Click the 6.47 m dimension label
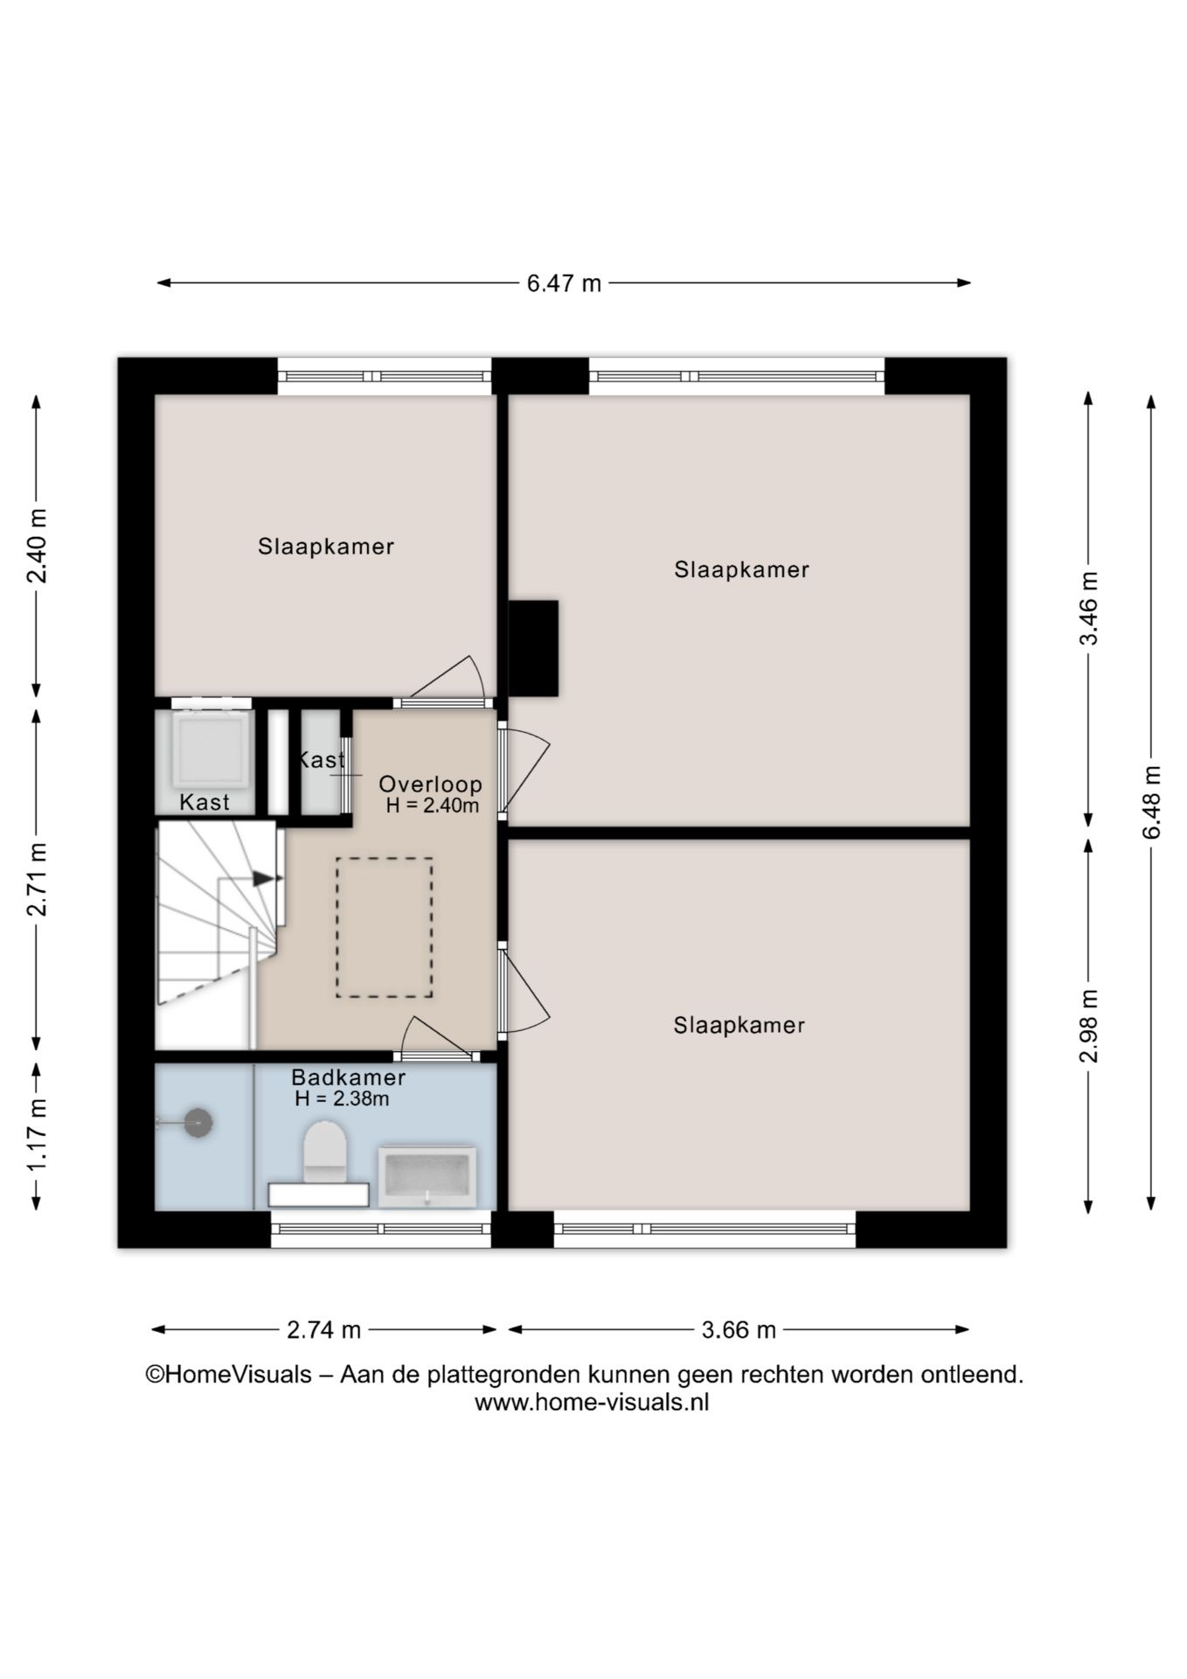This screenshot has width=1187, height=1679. [x=564, y=283]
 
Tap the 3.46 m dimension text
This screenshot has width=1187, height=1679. [x=1088, y=608]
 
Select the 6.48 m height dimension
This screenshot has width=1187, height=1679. [x=1151, y=803]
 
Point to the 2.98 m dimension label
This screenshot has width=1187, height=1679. [x=1088, y=1026]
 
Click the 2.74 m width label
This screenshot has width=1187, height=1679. [x=323, y=1330]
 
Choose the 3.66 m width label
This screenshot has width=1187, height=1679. [x=739, y=1330]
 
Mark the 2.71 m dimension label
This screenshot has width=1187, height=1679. [x=37, y=879]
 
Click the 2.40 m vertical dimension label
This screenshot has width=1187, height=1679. [x=37, y=546]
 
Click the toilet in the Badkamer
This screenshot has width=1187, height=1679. [x=324, y=1152]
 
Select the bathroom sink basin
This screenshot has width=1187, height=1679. [x=427, y=1176]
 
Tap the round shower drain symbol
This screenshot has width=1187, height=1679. [x=198, y=1122]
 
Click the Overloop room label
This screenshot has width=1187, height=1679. [x=430, y=784]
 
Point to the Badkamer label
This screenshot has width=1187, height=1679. [x=348, y=1077]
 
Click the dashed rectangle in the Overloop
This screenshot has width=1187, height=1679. [x=385, y=928]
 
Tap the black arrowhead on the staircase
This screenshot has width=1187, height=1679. [x=264, y=878]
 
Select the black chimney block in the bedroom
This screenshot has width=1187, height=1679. [x=533, y=648]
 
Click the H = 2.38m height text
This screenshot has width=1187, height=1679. [x=342, y=1099]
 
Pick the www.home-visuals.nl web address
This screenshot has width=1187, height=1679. [x=592, y=1403]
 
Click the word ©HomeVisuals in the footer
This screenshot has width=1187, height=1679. [x=228, y=1375]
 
